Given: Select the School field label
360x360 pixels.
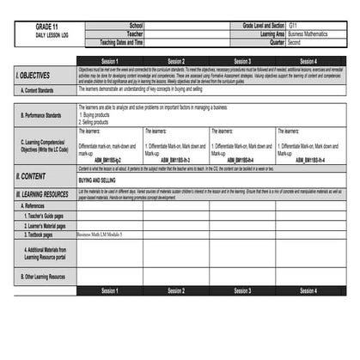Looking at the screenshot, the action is pyautogui.click(x=136, y=26).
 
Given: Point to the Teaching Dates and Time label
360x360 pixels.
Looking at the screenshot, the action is pyautogui.click(x=121, y=41).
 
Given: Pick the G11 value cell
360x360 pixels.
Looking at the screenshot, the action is pyautogui.click(x=294, y=26).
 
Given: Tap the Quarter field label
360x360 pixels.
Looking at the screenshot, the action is pyautogui.click(x=277, y=41).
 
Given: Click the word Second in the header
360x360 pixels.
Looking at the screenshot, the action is pyautogui.click(x=295, y=41).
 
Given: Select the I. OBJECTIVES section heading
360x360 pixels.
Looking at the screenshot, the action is pyautogui.click(x=34, y=76).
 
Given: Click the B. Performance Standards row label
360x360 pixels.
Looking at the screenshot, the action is pyautogui.click(x=41, y=114).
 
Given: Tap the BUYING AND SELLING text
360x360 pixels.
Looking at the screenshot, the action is pyautogui.click(x=97, y=181).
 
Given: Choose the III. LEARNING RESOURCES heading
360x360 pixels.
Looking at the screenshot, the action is pyautogui.click(x=42, y=195).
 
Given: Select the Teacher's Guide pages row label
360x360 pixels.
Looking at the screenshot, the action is pyautogui.click(x=45, y=216).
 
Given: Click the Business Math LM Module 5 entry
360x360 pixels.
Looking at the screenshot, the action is pyautogui.click(x=99, y=234).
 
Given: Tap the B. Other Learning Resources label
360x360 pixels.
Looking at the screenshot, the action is pyautogui.click(x=45, y=277).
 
